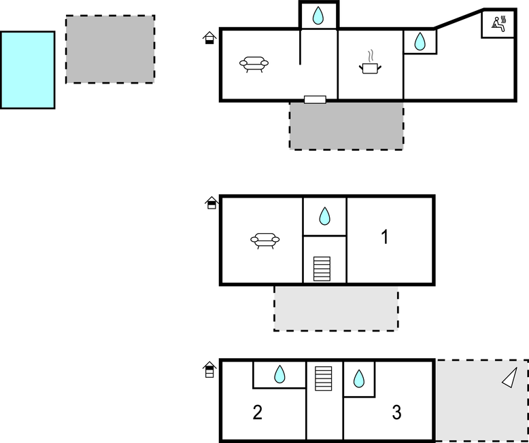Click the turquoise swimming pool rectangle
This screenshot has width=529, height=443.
27,69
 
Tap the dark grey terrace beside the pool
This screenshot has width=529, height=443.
110,49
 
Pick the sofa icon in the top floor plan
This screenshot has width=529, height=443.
254,64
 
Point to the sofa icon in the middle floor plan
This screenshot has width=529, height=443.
265,240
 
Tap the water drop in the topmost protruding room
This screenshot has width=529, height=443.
318,16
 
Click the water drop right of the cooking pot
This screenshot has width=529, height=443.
420,42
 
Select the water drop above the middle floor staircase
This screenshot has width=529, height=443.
325,216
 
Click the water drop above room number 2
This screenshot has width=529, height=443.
279,374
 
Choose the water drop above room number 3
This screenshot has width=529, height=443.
359,378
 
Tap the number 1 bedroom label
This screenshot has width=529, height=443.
385,237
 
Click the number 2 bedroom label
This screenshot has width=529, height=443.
258,412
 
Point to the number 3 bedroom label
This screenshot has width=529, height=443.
397,412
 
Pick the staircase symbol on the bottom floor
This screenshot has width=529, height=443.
324,378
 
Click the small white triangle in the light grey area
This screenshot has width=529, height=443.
511,378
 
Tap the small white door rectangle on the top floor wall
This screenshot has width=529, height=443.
315,100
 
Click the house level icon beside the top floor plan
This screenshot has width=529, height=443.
210,37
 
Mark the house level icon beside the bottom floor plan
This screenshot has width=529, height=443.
210,370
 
